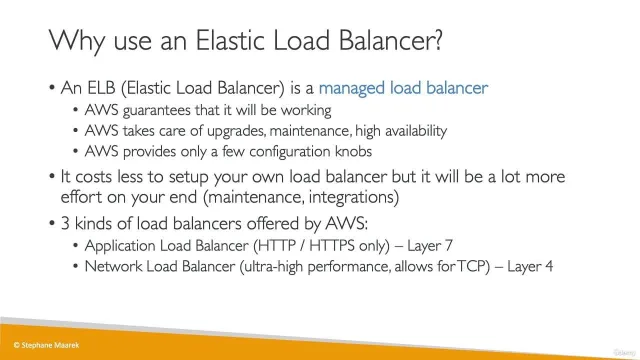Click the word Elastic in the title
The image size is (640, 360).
click(x=231, y=40)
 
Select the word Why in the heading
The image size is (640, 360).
click(x=77, y=42)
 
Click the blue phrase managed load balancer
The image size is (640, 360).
click(x=403, y=88)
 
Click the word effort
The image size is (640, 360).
click(x=82, y=197)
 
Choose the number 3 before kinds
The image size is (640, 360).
click(x=65, y=224)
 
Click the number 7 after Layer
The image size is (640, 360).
click(x=448, y=246)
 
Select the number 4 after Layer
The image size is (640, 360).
click(x=548, y=267)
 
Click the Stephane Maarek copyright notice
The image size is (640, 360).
click(x=46, y=345)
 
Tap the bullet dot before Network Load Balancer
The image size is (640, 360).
click(x=76, y=267)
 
